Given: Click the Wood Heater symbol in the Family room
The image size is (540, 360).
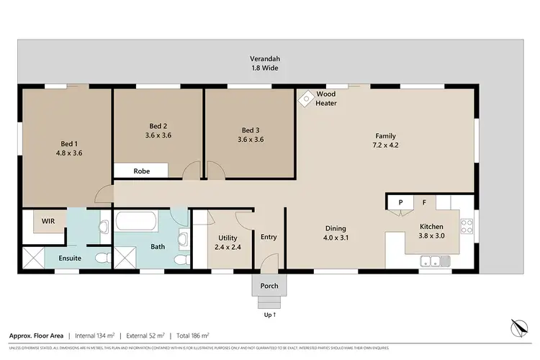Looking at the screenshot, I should tap(305, 96).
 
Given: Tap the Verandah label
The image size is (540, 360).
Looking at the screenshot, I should tap(264, 58).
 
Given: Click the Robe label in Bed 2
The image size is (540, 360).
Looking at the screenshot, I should tap(141, 171).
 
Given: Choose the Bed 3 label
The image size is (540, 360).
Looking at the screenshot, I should tap(250, 130).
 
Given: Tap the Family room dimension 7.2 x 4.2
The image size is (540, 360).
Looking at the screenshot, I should tap(385, 146).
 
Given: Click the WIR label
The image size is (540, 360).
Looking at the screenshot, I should tap(49, 220).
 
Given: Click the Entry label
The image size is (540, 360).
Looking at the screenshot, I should tap(269, 237).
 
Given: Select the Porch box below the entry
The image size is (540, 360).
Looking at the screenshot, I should tap(269, 286).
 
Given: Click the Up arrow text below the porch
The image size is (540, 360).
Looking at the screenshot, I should tap(269, 315).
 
